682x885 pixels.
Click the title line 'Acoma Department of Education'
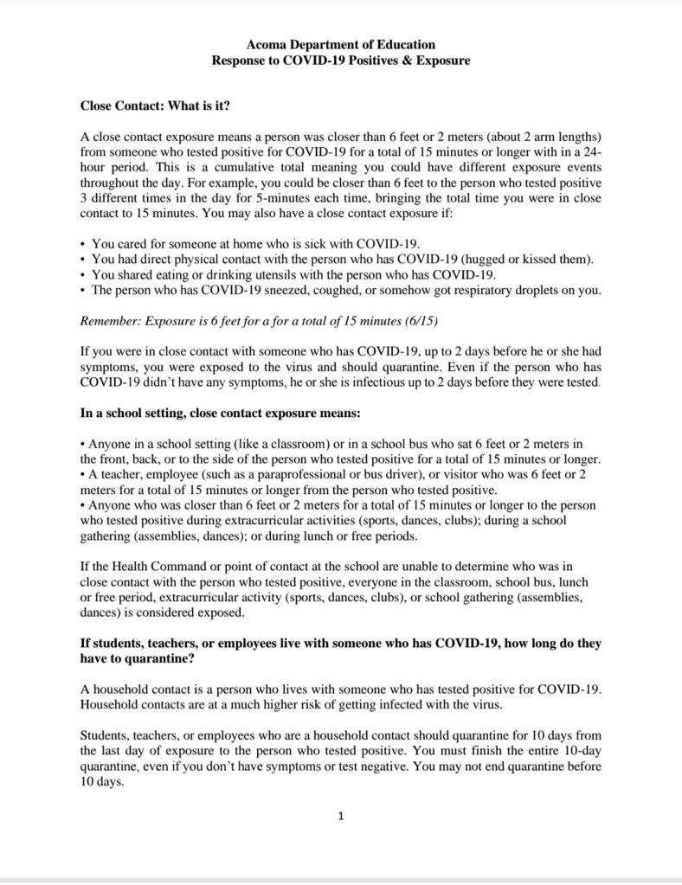341,44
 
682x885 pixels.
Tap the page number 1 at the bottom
342,816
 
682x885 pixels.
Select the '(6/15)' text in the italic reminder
420,322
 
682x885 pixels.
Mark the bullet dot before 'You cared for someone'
82,244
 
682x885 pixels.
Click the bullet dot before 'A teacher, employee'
82,473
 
